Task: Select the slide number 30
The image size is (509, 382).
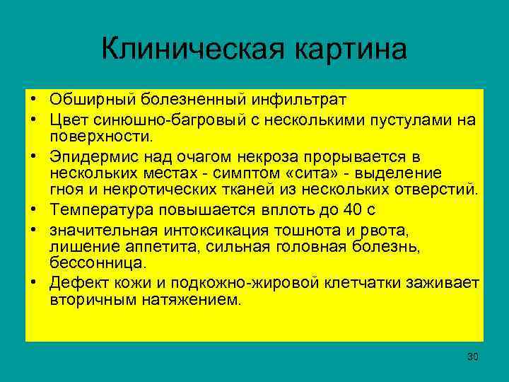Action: pos(472,357)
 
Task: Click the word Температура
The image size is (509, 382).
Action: pos(102,210)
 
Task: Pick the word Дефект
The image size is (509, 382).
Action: pos(76,284)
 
